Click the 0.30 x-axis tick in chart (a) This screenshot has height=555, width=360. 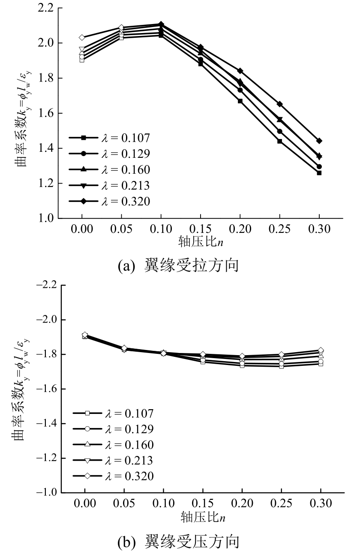(x=319, y=229)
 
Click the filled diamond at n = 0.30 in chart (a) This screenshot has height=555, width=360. (x=319, y=141)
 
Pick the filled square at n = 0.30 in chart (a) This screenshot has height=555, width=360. (x=319, y=173)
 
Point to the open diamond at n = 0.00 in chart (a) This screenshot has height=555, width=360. (x=82, y=38)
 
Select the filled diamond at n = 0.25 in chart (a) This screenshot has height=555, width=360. (x=279, y=104)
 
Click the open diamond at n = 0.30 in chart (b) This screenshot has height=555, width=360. (x=320, y=350)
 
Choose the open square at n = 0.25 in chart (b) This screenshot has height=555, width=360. (x=281, y=366)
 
